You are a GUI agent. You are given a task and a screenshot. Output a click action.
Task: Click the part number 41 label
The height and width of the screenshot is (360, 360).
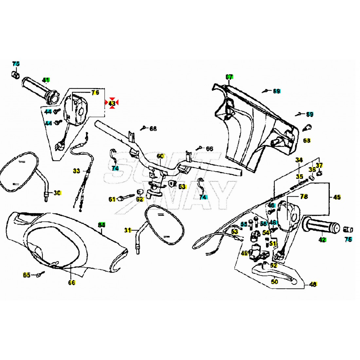click(x=46, y=80)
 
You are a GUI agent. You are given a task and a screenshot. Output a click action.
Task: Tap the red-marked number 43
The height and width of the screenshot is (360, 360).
click(x=112, y=103)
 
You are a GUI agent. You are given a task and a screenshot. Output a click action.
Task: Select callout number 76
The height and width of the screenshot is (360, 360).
click(x=95, y=93)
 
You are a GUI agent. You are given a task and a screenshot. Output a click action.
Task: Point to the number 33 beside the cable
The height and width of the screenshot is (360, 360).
click(x=76, y=171)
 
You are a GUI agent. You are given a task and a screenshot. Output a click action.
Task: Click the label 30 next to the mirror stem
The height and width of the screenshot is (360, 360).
click(x=57, y=193)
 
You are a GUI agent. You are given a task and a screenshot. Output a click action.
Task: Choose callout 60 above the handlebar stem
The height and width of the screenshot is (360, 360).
click(x=160, y=156)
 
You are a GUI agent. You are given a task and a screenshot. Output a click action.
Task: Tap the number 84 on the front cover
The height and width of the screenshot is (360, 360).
click(x=102, y=225)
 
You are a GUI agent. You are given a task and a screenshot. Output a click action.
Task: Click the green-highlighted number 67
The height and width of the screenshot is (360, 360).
click(x=229, y=77)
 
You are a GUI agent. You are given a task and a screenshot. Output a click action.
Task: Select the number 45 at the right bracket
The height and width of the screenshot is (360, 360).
click(x=337, y=197)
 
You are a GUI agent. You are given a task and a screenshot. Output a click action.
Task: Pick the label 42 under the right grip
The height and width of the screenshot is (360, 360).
click(x=322, y=240)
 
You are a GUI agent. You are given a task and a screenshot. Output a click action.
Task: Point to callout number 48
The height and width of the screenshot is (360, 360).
click(x=313, y=285)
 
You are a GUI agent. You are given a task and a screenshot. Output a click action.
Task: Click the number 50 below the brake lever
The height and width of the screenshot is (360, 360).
click(x=275, y=282)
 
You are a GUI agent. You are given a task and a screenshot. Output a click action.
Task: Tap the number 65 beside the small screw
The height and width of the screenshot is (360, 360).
click(x=27, y=275)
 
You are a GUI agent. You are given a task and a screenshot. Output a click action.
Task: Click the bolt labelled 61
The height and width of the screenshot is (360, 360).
click(x=123, y=198)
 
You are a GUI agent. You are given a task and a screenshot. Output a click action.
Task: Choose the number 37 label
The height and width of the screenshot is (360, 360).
click(x=319, y=166)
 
